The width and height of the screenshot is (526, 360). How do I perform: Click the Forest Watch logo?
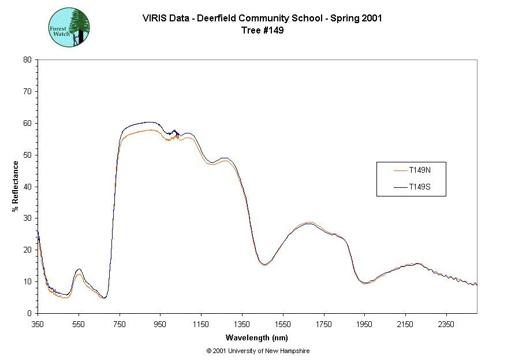(69, 27)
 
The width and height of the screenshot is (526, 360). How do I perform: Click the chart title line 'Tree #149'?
(262, 31)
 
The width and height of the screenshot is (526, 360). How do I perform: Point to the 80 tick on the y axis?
(27, 60)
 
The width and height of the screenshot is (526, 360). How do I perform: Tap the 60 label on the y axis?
(27, 123)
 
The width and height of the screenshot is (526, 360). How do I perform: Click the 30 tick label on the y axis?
(27, 218)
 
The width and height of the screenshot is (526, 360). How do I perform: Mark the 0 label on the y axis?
(29, 313)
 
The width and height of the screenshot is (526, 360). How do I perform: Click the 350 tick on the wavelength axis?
(38, 324)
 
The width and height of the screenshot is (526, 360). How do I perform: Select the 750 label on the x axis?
(120, 324)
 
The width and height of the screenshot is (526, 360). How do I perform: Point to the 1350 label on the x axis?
(242, 324)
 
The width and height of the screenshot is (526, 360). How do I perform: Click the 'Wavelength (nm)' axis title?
(257, 338)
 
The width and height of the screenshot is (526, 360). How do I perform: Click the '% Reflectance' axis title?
(16, 186)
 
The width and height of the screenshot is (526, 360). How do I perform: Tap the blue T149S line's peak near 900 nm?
(149, 122)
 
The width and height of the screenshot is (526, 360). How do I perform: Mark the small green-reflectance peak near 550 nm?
(79, 269)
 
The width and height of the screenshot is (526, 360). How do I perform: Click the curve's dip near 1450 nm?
(264, 264)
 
